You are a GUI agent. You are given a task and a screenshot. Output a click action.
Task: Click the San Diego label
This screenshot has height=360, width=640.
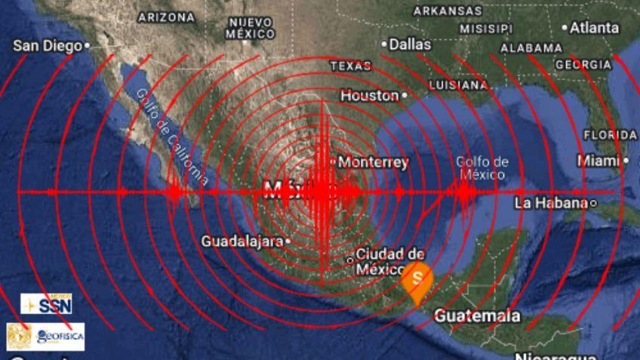coord(47,46)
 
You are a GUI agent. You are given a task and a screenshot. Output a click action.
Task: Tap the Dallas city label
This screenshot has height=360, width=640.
coord(410,45)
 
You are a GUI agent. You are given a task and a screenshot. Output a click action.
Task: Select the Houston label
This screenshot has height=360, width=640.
coord(369,96)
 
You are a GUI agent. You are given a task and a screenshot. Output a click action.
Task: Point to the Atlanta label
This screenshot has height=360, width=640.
coord(594,28)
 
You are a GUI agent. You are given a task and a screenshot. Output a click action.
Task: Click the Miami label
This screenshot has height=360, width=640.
coord(598,161)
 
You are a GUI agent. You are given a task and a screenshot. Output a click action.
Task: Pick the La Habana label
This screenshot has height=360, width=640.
coord(551,203)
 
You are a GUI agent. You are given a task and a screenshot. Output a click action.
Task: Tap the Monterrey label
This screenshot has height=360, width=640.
coord(373,162)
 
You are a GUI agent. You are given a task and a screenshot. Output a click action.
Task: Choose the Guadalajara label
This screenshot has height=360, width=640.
coord(241,242)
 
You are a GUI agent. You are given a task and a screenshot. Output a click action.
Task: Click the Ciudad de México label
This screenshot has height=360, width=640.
coord(390,261)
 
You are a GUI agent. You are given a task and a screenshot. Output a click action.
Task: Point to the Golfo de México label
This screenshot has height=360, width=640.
coord(482,168)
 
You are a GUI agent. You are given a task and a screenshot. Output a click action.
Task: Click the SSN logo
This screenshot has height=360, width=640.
coord(47,304)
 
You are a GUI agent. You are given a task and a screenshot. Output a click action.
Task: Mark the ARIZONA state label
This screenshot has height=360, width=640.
coord(167,17)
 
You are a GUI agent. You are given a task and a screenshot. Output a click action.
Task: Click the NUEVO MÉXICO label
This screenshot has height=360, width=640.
coord(251,28)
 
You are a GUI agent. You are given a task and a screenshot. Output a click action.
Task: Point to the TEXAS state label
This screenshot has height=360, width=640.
coord(351,66)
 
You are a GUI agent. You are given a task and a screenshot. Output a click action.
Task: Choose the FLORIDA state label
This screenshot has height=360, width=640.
coord(610,135)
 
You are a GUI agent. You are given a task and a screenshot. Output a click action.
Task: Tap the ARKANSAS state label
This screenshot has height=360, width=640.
coord(448,11)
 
